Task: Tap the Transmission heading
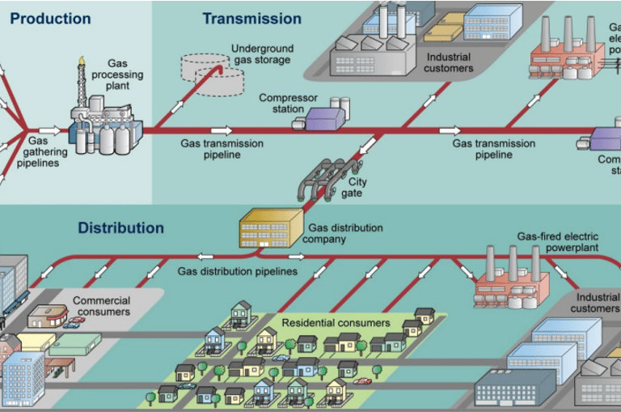click(251, 18)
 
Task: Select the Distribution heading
click(120, 228)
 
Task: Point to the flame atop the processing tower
click(81, 61)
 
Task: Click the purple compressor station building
click(325, 118)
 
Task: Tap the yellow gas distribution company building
click(268, 228)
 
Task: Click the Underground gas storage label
click(260, 54)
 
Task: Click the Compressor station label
click(288, 104)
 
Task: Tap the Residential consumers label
click(336, 323)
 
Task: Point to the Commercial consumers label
click(102, 306)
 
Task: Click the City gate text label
click(357, 188)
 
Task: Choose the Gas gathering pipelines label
click(40, 151)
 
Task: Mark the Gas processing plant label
click(123, 75)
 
